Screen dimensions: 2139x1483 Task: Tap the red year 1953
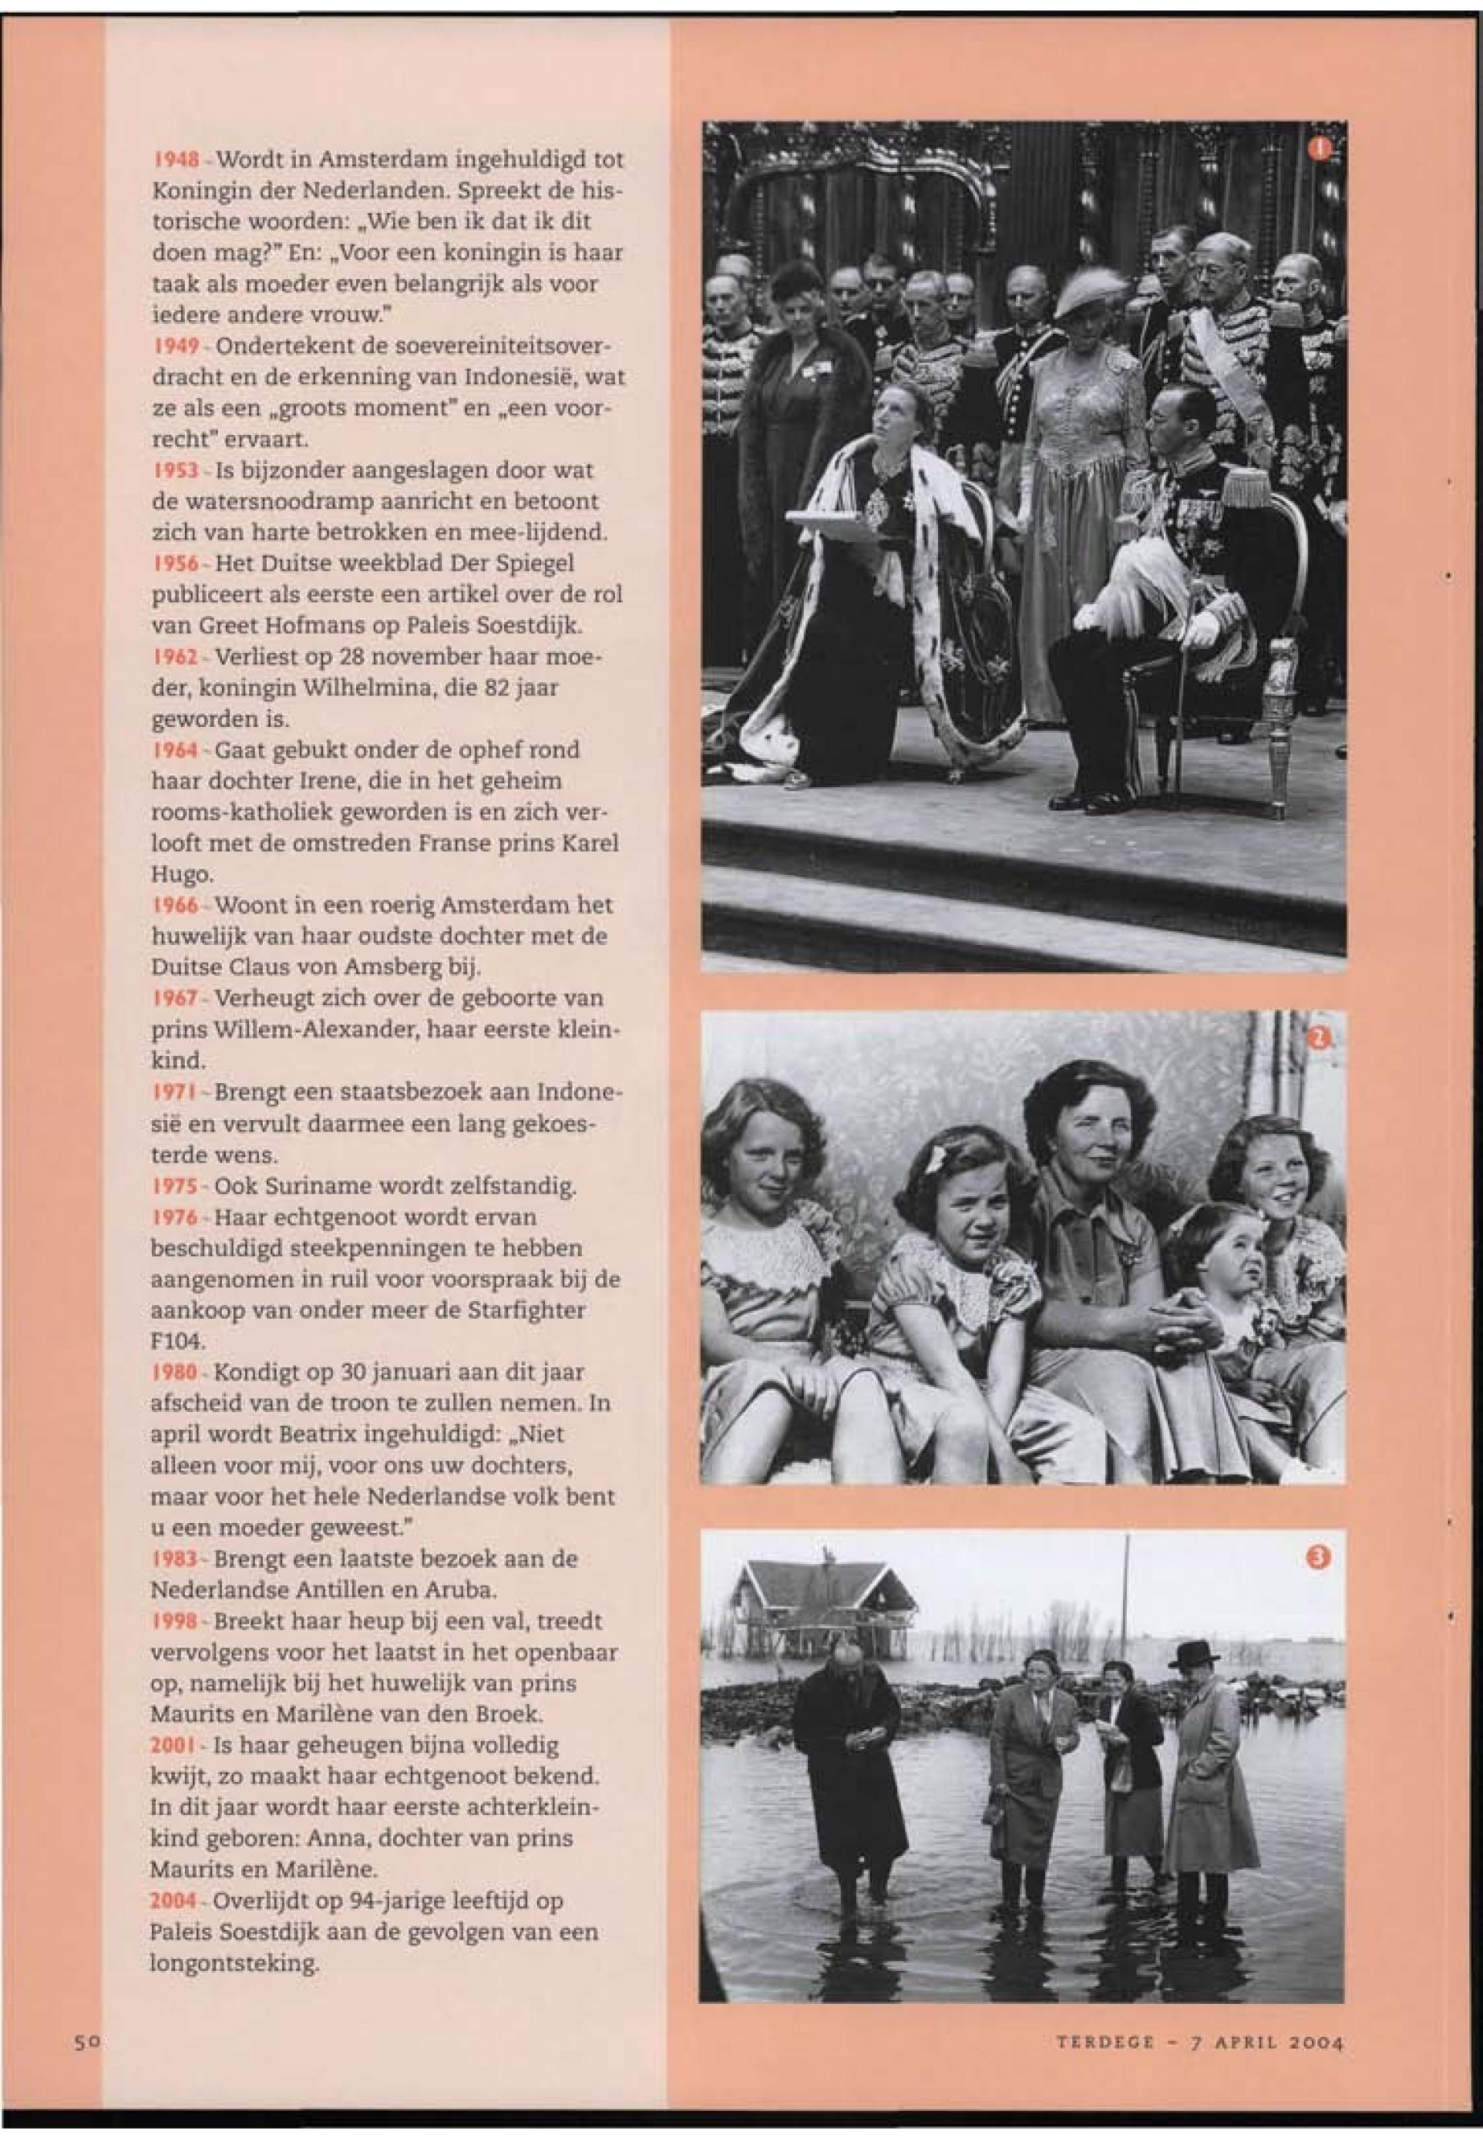pos(174,471)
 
